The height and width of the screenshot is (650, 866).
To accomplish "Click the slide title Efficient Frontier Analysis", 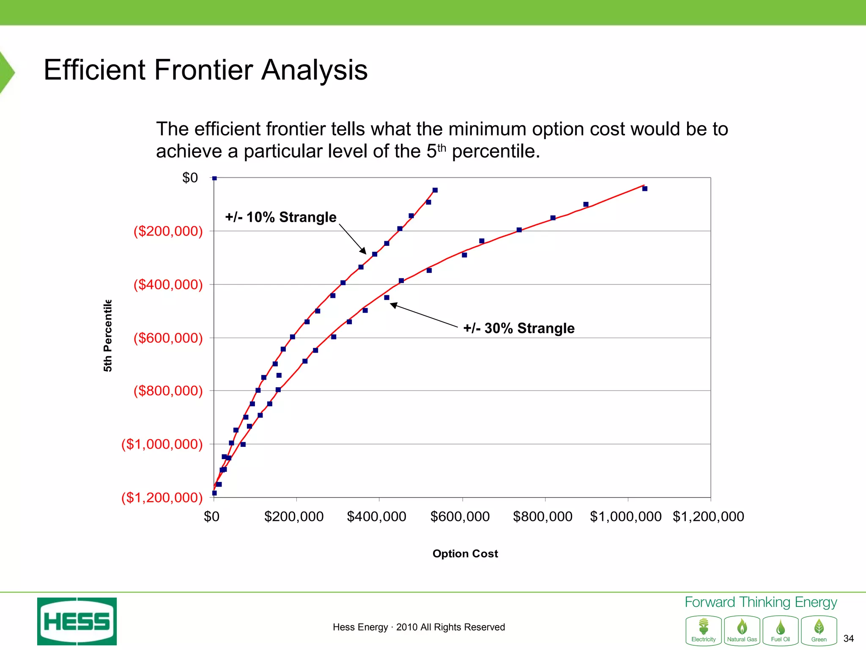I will (206, 70).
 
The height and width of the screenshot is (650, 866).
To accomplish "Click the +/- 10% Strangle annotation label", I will (281, 217).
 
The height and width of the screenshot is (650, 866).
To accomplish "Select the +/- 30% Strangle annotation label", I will (519, 328).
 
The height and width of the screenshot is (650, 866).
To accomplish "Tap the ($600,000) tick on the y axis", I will (168, 338).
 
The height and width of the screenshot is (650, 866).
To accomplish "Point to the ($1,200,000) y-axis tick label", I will (162, 497).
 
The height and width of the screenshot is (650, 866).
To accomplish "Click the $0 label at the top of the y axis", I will (190, 178).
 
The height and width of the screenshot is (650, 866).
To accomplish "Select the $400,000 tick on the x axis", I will (376, 517).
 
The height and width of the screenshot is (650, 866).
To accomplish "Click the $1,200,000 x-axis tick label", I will (708, 517).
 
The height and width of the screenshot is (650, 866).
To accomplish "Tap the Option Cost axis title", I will (465, 554).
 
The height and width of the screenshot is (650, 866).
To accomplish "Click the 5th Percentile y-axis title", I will (108, 336).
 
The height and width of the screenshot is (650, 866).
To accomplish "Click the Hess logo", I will (77, 621).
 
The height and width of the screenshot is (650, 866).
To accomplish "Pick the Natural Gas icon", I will (742, 631).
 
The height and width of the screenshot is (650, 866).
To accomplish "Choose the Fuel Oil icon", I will (781, 631).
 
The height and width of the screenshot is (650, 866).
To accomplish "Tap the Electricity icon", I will (704, 631).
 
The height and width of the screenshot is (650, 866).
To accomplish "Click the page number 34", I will (848, 638).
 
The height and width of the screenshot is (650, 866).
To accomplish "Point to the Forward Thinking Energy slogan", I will (761, 602).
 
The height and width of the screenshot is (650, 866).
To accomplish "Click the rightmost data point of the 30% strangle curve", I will (645, 189).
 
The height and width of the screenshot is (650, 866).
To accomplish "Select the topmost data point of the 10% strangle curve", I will (435, 190).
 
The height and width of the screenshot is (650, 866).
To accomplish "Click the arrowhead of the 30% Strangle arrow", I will (392, 304).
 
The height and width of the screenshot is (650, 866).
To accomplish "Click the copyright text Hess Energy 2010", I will (419, 627).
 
